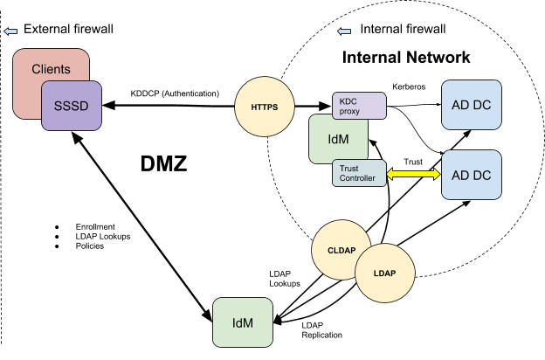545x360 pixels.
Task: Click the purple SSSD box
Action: pyautogui.click(x=72, y=106)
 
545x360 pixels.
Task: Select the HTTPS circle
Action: pyautogui.click(x=265, y=107)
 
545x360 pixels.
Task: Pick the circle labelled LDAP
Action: pyautogui.click(x=385, y=273)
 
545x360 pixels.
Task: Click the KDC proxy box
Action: pyautogui.click(x=359, y=106)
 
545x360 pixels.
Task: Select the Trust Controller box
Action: pyautogui.click(x=359, y=173)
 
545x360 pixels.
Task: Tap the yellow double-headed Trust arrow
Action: pyautogui.click(x=414, y=174)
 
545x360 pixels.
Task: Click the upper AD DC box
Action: pyautogui.click(x=472, y=105)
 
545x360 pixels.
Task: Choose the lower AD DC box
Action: pyautogui.click(x=472, y=175)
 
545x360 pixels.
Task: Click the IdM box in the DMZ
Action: pyautogui.click(x=243, y=322)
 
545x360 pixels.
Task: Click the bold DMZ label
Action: pyautogui.click(x=163, y=163)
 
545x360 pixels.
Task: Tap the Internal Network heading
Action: pyautogui.click(x=406, y=58)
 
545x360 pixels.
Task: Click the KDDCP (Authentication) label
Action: pyautogui.click(x=175, y=93)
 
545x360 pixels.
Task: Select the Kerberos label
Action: pyautogui.click(x=409, y=87)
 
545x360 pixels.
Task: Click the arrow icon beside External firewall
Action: pyautogui.click(x=10, y=31)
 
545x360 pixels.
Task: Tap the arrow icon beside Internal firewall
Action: pyautogui.click(x=344, y=31)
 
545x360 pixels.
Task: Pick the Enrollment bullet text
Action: pyautogui.click(x=95, y=227)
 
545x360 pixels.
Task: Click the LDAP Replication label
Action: pyautogui.click(x=322, y=330)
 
